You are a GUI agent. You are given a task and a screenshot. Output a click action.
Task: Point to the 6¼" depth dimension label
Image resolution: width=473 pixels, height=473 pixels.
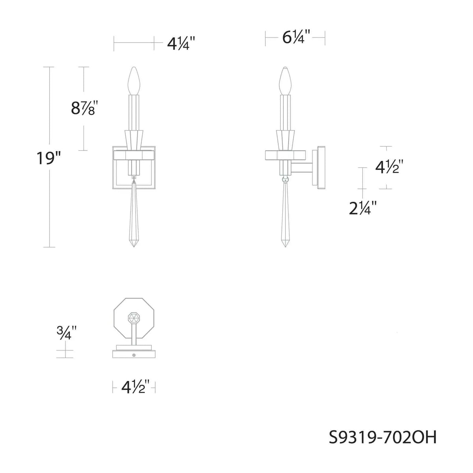click(294, 38)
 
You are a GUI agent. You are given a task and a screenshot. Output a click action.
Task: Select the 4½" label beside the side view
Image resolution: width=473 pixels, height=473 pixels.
click(389, 167)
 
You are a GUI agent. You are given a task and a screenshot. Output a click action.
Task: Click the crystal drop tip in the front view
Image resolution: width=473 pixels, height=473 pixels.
click(134, 245)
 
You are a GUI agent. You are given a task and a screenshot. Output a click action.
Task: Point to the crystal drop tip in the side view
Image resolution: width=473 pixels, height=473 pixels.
click(285, 245)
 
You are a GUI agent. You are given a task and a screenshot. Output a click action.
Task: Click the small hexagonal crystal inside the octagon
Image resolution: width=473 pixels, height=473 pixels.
click(134, 317)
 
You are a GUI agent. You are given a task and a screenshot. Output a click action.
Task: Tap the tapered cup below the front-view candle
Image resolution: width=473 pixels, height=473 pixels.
click(134, 140)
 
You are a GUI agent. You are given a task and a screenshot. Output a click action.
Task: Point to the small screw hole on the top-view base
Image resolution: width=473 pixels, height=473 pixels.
click(134, 355)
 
